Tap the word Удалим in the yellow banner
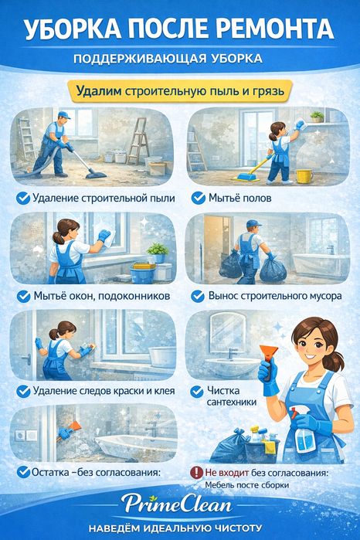click(x=99, y=91)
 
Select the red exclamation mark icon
click(x=196, y=473)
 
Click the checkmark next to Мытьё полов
click(x=198, y=198)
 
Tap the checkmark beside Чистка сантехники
click(x=197, y=392)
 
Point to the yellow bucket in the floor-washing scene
click(x=304, y=176)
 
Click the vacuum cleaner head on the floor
click(x=96, y=175)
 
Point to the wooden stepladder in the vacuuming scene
click(x=138, y=141)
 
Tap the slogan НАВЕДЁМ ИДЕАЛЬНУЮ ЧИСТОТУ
click(x=175, y=528)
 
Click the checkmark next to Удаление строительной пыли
click(x=23, y=199)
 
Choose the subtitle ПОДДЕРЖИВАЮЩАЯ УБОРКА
click(x=168, y=58)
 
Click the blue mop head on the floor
click(x=246, y=178)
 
